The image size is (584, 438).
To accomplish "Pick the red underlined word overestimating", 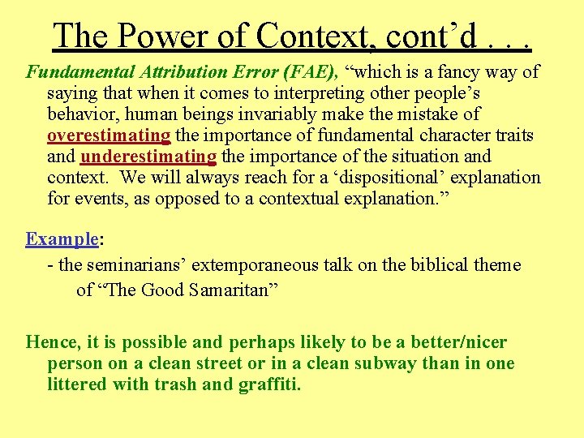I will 109,135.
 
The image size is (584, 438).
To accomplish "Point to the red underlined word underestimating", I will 148,157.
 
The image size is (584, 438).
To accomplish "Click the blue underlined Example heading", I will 62,239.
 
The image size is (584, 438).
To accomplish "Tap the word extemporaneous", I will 263,265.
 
